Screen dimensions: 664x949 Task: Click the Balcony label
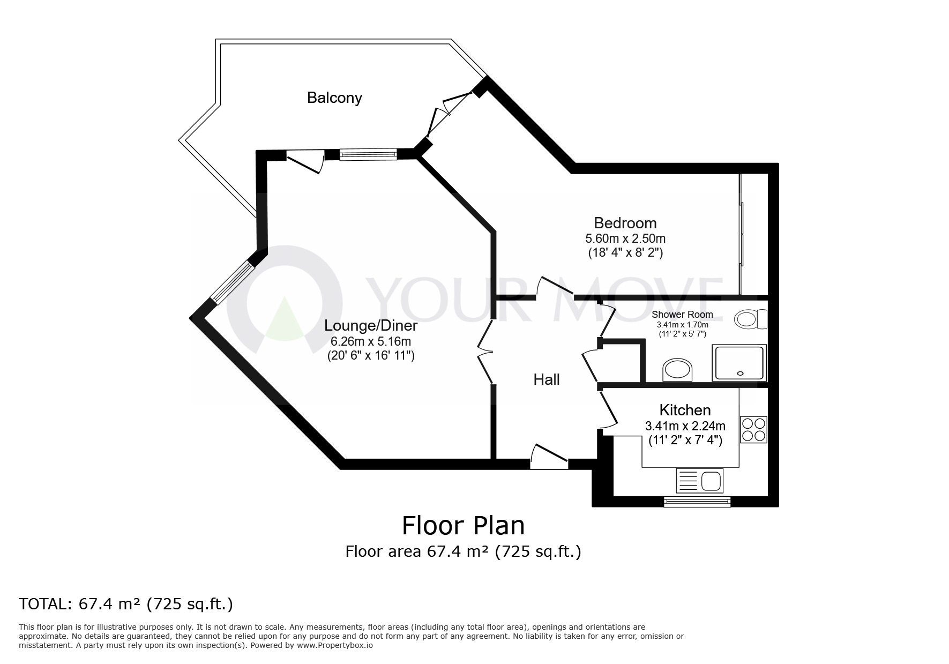(x=334, y=98)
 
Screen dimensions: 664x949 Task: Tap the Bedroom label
(x=625, y=223)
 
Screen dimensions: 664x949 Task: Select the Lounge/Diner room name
(x=371, y=325)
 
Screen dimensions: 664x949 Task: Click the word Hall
(x=546, y=380)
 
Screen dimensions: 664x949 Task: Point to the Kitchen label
(x=684, y=411)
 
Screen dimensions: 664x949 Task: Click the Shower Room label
(x=682, y=315)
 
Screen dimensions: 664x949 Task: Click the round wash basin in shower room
(x=677, y=370)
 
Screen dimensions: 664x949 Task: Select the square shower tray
(x=739, y=363)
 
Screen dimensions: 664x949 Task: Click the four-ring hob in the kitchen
(x=753, y=429)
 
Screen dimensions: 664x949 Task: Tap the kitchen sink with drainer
(x=700, y=480)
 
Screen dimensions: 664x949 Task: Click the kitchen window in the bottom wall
(x=697, y=501)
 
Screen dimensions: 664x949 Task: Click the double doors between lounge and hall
(x=485, y=352)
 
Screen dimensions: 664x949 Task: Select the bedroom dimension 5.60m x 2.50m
(x=625, y=238)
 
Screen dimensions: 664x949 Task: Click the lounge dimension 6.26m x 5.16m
(x=371, y=341)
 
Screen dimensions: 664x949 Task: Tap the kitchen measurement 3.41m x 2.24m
(x=685, y=426)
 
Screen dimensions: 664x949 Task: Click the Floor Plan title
(x=463, y=526)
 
